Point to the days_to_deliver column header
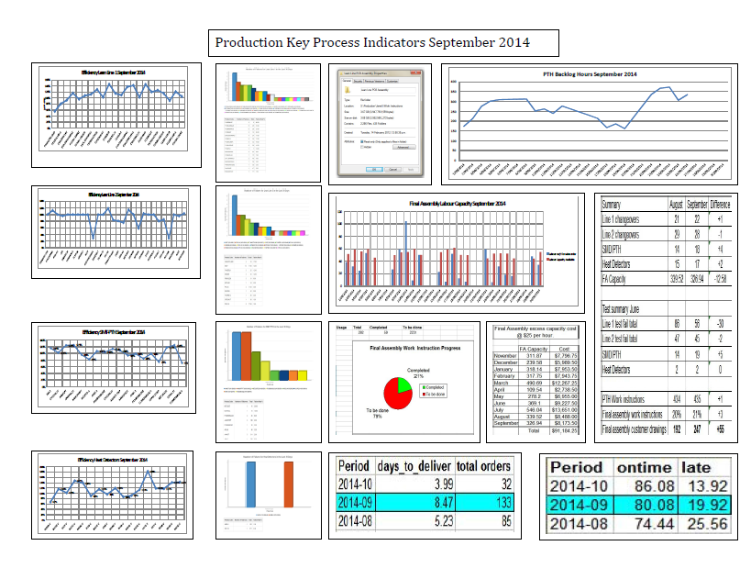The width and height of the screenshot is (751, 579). click(414, 465)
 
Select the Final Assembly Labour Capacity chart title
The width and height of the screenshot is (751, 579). click(456, 203)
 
